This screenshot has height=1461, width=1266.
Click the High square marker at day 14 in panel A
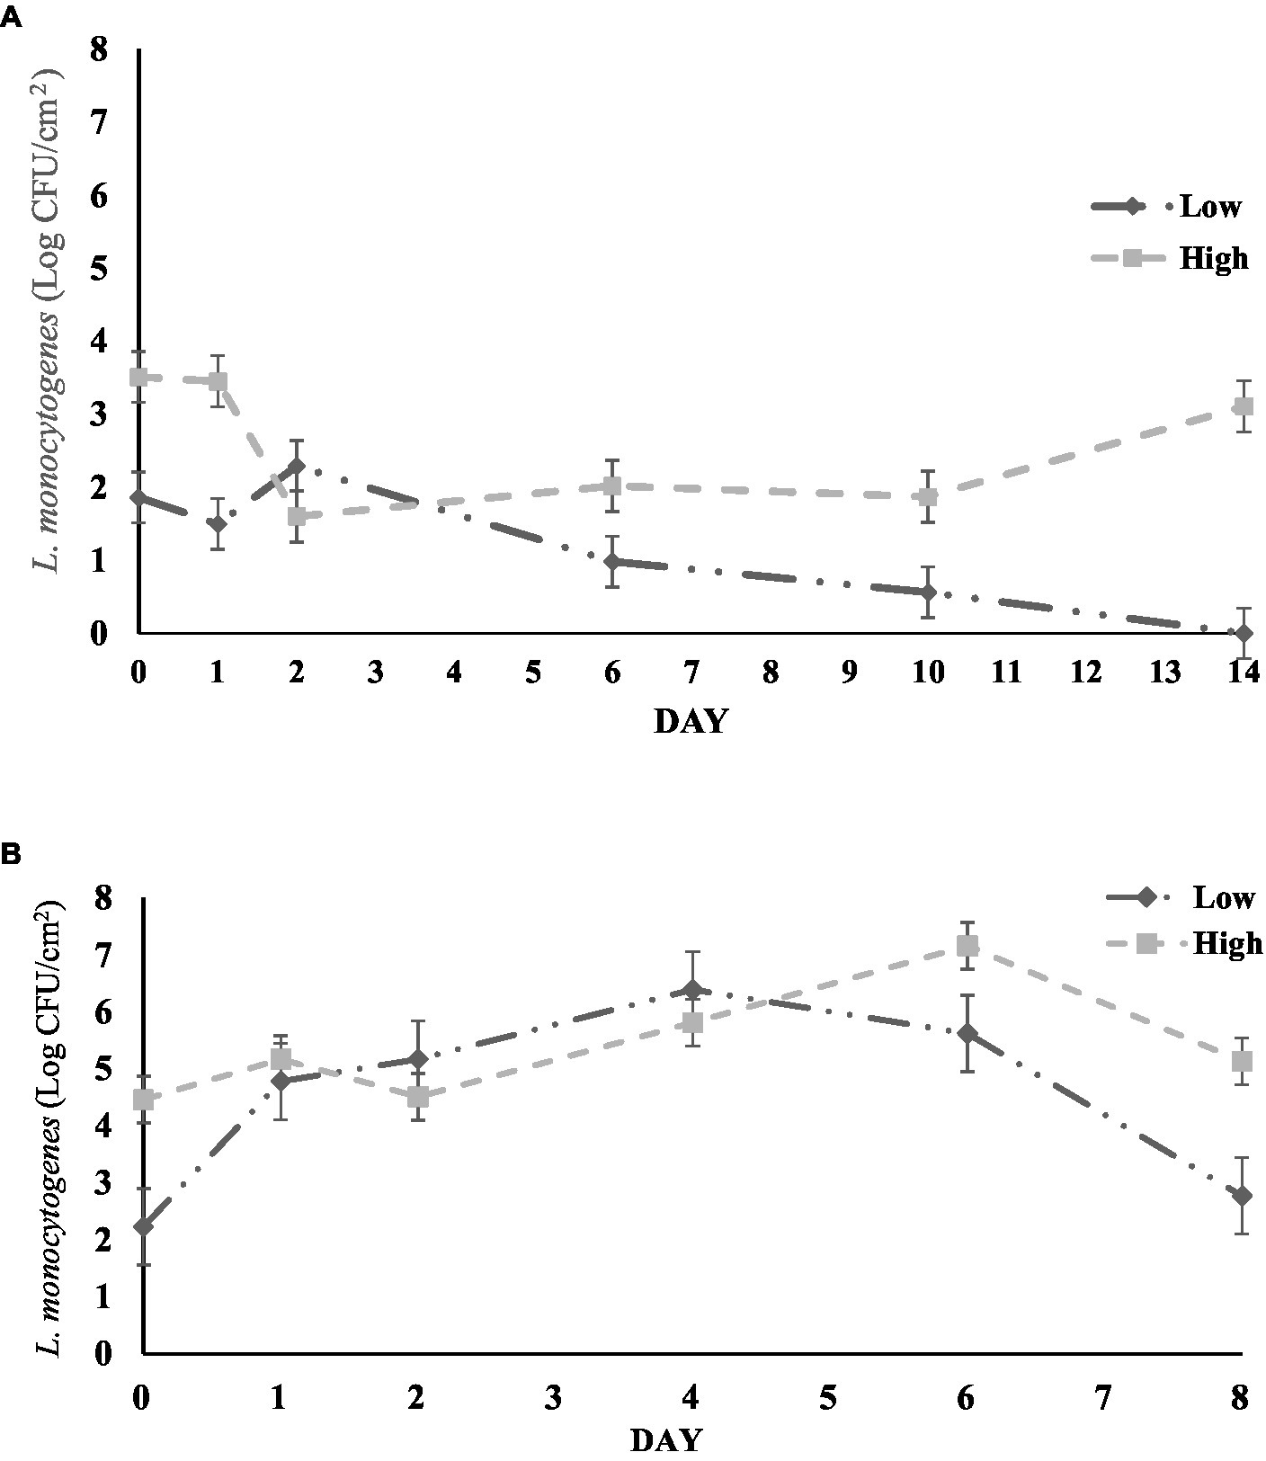[x=1244, y=406]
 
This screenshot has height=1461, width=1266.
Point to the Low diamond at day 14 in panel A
[x=1244, y=633]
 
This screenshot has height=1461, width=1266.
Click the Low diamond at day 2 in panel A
[x=297, y=466]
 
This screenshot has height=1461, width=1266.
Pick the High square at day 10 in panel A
[x=928, y=496]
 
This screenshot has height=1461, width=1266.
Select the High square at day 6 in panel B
[x=967, y=946]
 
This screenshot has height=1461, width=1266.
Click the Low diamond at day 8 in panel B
[x=1243, y=1196]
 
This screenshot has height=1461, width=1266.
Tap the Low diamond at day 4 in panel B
[x=691, y=990]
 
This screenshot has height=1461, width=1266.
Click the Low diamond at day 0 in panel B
[x=143, y=1226]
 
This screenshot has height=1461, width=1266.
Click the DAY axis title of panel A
[x=690, y=721]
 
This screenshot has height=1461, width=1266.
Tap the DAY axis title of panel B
[x=665, y=1441]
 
